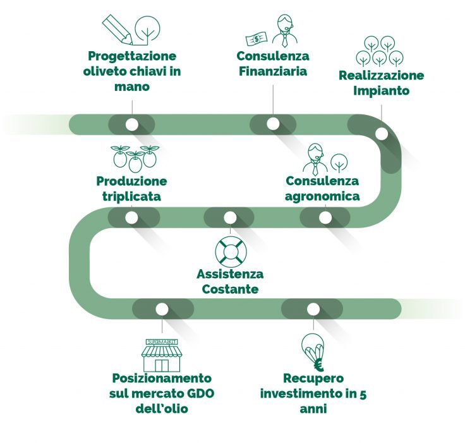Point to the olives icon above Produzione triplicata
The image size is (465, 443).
tap(135, 158)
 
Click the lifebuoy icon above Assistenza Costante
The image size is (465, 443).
tap(229, 251)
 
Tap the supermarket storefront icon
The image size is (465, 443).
tap(162, 355)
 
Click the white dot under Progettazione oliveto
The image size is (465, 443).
tap(131, 124)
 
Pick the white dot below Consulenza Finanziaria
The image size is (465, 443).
tap(273, 124)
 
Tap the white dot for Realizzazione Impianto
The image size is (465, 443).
tap(382, 133)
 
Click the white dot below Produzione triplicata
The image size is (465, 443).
tap(131, 217)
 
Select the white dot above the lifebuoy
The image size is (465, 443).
tap(229, 217)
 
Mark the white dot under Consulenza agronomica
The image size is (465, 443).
tap(325, 217)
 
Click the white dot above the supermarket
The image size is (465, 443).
tap(162, 309)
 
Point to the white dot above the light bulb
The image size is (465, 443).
tap(311, 309)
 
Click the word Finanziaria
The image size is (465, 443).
tap(273, 71)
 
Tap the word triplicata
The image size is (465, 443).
tap(131, 197)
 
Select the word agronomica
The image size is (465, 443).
tap(322, 196)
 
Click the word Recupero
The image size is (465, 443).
tap(313, 379)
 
